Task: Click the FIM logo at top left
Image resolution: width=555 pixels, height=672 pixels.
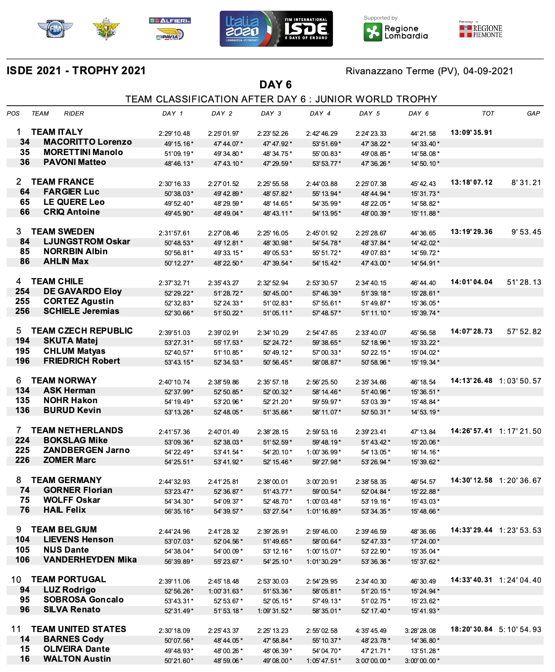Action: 55,29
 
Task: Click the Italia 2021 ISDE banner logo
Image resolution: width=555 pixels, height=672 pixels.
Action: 276,29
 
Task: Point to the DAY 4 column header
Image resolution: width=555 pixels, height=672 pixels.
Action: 320,114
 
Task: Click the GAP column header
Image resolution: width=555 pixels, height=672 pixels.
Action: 533,114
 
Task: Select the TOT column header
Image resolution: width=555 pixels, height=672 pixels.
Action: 488,114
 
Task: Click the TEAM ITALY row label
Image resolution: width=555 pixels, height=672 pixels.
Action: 57,132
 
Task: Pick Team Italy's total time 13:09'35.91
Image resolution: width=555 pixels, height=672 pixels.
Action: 471,133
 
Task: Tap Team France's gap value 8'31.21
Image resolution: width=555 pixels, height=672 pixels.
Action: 526,182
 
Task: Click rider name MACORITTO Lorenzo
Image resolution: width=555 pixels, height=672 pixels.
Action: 87,142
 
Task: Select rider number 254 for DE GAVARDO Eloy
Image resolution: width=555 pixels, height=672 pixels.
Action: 23,291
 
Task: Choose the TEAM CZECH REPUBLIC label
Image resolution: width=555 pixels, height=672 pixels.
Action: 82,331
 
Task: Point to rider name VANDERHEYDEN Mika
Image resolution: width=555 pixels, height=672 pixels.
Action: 90,560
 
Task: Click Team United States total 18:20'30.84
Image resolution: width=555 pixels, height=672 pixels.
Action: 471,629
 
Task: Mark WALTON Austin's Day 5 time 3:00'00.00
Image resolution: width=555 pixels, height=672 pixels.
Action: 375,661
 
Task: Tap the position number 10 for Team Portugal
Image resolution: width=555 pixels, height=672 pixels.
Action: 16,580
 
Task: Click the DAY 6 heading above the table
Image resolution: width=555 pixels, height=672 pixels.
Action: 276,85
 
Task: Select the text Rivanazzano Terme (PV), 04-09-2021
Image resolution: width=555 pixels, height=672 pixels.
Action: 429,71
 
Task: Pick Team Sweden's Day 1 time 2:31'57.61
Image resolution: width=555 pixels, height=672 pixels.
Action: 174,233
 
